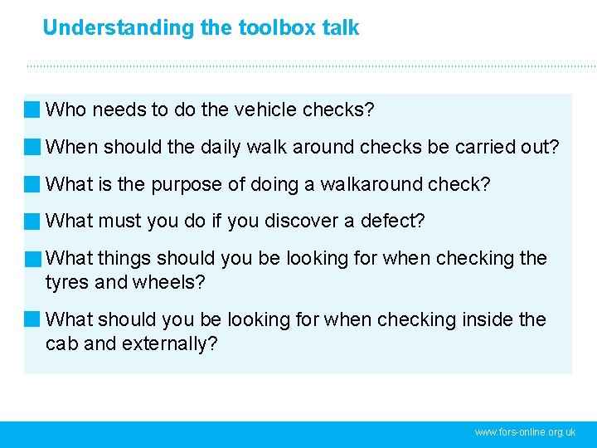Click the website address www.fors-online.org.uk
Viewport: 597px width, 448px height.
pos(525,433)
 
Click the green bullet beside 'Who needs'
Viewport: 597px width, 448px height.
pos(32,110)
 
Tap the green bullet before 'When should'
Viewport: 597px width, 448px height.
pos(32,147)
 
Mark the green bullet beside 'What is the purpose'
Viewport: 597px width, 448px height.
pos(32,184)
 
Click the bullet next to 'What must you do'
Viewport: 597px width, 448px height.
pos(32,222)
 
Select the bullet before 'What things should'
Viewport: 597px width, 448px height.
pos(32,259)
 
